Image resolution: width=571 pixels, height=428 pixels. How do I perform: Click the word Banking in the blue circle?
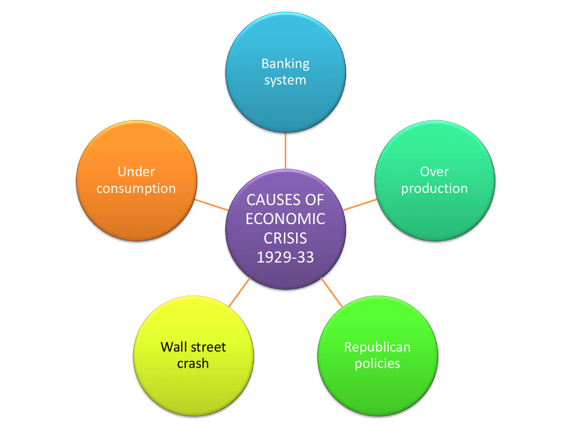tap(285, 64)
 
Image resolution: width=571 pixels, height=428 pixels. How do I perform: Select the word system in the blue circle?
tap(285, 80)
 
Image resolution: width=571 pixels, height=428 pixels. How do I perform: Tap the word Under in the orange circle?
tap(136, 172)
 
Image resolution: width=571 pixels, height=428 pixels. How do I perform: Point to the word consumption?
tap(136, 189)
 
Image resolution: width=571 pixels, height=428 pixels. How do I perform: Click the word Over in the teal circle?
tap(434, 172)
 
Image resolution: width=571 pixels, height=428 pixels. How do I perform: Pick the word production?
tap(434, 189)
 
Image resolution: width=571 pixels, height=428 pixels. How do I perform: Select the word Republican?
tap(378, 347)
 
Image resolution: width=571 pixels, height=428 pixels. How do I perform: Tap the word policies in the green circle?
tap(378, 363)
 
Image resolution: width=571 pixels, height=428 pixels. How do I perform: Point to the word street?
tap(208, 347)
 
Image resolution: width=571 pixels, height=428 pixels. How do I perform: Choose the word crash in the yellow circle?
tap(193, 363)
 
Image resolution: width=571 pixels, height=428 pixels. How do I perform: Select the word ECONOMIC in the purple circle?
tap(285, 219)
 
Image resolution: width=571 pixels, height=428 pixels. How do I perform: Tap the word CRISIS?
tap(285, 239)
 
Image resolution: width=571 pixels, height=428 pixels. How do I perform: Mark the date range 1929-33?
tap(285, 257)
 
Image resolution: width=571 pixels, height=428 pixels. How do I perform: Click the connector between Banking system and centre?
tap(285, 150)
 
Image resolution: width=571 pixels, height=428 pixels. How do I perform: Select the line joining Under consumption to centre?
tap(211, 205)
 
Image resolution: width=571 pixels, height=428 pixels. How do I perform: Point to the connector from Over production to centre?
tap(360, 205)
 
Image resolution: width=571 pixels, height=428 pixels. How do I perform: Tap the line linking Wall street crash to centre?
tap(240, 292)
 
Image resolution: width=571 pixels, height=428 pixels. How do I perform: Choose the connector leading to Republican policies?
tap(331, 292)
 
